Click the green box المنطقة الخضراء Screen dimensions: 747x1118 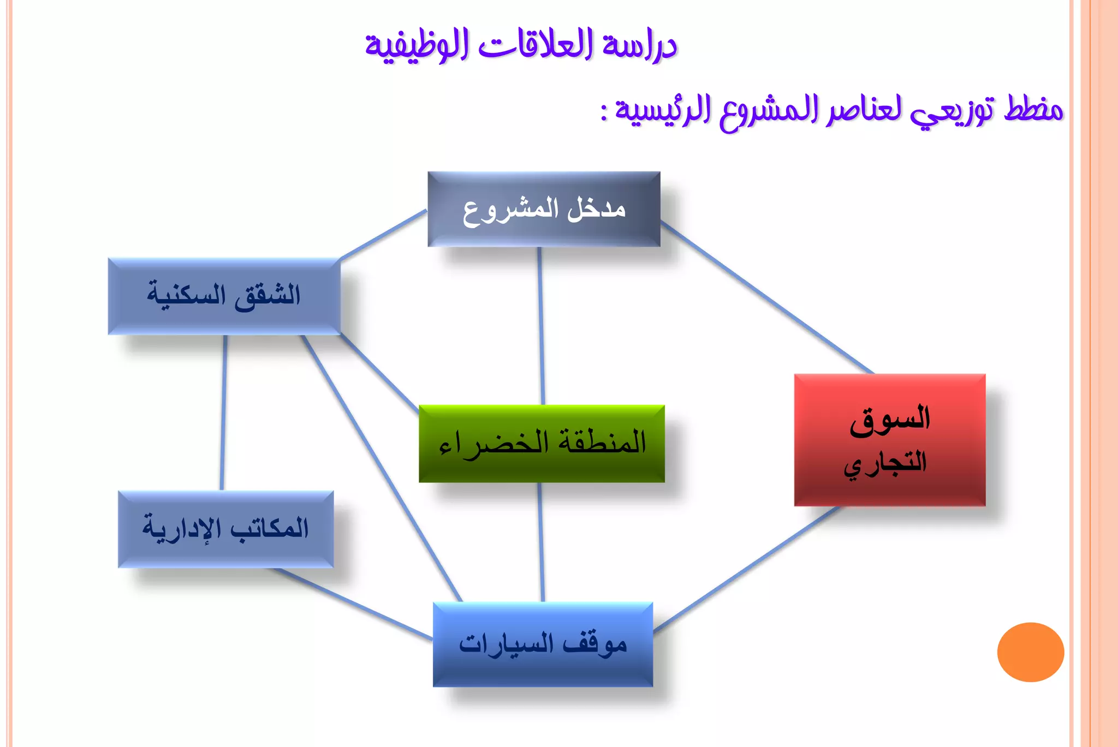pyautogui.click(x=542, y=443)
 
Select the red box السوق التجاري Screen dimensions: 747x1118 pyautogui.click(x=889, y=440)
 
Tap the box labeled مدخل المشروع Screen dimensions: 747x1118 pyautogui.click(x=544, y=209)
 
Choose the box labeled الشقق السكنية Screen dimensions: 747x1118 pyautogui.click(x=224, y=296)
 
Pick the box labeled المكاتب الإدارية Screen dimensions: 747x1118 pyautogui.click(x=225, y=529)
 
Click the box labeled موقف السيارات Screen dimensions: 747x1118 pyautogui.click(x=543, y=644)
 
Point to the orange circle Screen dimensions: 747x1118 pyautogui.click(x=1030, y=652)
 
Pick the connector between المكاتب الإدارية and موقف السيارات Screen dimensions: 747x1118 pyautogui.click(x=355, y=603)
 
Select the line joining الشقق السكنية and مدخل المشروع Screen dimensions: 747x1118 pyautogui.click(x=383, y=234)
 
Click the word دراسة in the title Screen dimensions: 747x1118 pyautogui.click(x=640, y=46)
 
